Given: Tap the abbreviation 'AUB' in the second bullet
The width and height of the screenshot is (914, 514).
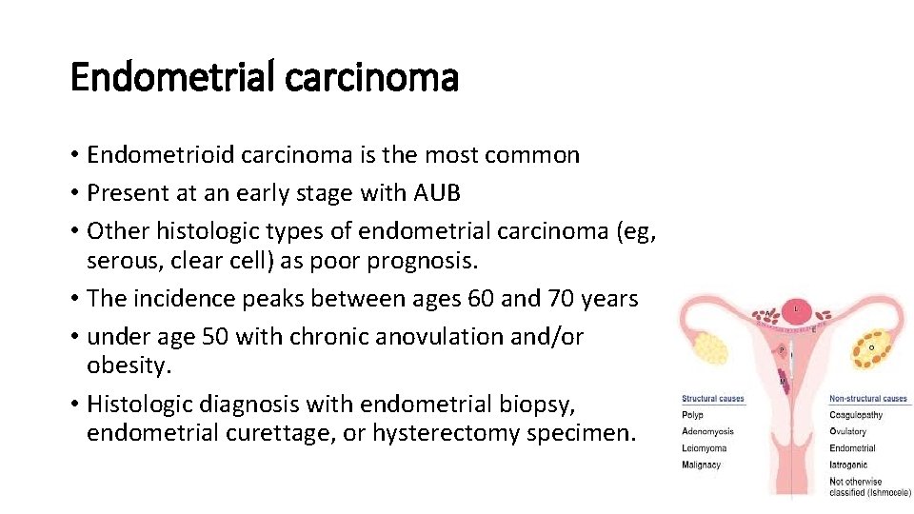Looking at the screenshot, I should pyautogui.click(x=437, y=193).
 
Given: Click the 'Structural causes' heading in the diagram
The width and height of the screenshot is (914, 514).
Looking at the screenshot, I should pyautogui.click(x=712, y=399).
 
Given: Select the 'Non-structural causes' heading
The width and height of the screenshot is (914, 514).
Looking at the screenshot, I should pyautogui.click(x=868, y=399).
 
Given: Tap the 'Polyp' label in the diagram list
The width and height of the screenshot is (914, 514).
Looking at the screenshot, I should pyautogui.click(x=692, y=415).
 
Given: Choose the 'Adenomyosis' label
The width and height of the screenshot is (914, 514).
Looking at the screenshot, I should pyautogui.click(x=707, y=431).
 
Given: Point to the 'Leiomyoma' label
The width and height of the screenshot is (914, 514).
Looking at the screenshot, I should pyautogui.click(x=704, y=448).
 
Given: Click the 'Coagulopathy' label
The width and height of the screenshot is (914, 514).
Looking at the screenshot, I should pyautogui.click(x=856, y=415).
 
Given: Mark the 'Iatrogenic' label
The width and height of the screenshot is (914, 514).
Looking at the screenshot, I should pyautogui.click(x=849, y=465).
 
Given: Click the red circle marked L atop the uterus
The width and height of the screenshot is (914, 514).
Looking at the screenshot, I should pyautogui.click(x=796, y=310).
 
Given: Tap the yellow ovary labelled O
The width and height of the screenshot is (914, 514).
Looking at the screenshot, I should pyautogui.click(x=872, y=348).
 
